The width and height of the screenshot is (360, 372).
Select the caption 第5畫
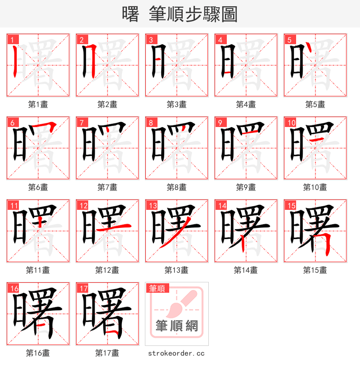315,104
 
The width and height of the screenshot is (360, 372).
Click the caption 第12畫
107,270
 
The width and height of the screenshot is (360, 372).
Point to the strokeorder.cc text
176,354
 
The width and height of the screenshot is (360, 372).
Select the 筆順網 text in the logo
177,326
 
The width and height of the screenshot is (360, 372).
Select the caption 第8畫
176,187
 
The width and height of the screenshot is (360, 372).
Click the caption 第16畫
38,354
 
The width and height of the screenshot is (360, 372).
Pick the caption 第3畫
176,104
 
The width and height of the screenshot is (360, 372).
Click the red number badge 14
221,206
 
